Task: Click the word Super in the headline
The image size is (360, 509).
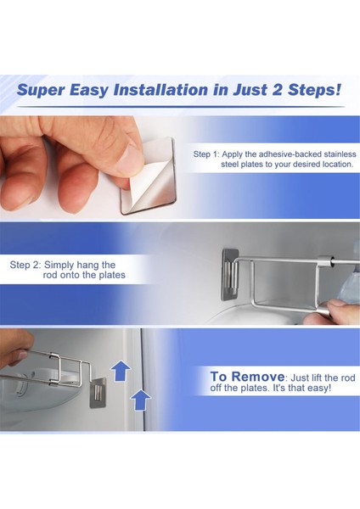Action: tap(41, 90)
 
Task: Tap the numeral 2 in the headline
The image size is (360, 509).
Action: tap(277, 89)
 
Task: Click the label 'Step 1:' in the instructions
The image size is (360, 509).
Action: tap(206, 154)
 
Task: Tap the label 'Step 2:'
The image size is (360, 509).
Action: tap(25, 266)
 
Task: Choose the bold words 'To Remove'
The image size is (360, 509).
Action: tap(247, 377)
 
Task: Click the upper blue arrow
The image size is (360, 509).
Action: tap(121, 371)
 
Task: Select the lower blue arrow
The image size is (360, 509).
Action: tap(140, 400)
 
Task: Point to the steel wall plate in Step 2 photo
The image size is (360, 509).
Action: tap(231, 275)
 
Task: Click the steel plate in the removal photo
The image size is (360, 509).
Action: tap(98, 393)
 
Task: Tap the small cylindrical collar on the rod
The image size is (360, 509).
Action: tap(326, 260)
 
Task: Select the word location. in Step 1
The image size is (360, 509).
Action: tap(338, 165)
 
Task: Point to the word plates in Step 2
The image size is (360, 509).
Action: tap(112, 276)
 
